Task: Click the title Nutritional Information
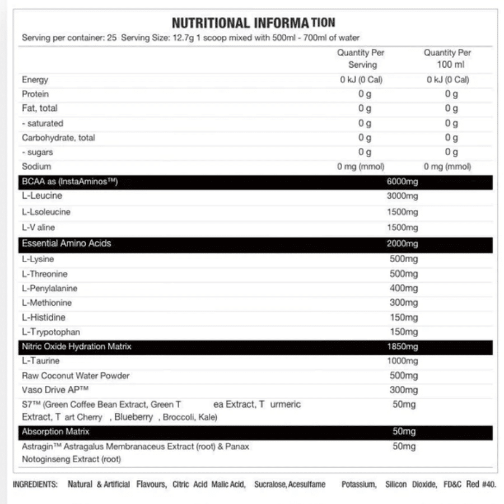[253, 23]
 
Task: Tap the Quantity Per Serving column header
[361, 58]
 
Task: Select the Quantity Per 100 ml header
[447, 58]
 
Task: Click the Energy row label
[35, 80]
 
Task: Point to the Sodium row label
[36, 166]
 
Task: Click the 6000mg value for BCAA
[402, 182]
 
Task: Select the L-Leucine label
[42, 196]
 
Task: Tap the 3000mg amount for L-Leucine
[402, 197]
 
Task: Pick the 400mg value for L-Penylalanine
[404, 288]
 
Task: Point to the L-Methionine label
[47, 303]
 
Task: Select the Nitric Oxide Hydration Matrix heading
[76, 347]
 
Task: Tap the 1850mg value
[402, 347]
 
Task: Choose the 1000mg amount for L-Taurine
[402, 361]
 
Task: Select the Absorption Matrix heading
[55, 432]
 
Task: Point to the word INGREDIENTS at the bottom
[35, 484]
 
